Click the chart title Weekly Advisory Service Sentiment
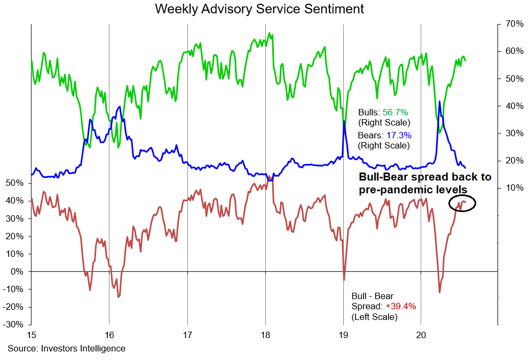point(259,9)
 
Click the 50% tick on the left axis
point(14,183)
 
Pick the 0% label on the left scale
point(17,272)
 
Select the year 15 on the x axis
point(31,335)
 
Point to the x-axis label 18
point(265,335)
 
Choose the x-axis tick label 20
point(421,335)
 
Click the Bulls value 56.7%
point(395,112)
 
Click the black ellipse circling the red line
point(462,203)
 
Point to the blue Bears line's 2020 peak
point(439,101)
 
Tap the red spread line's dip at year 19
point(344,279)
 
